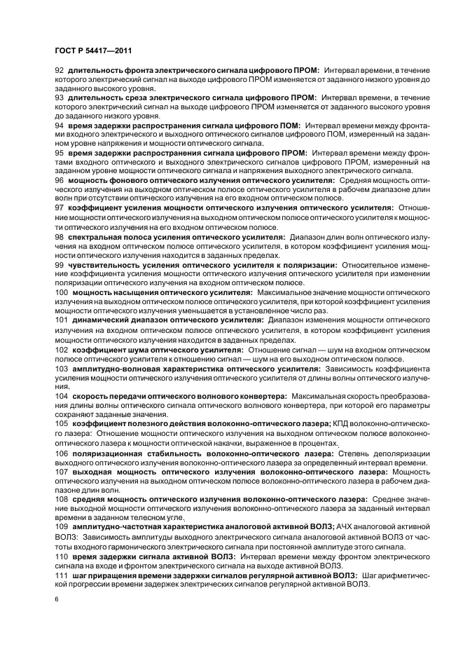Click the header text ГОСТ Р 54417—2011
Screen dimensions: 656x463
click(x=92, y=51)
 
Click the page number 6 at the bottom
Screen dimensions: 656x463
click(x=56, y=600)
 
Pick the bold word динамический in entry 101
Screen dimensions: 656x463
click(x=102, y=319)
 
